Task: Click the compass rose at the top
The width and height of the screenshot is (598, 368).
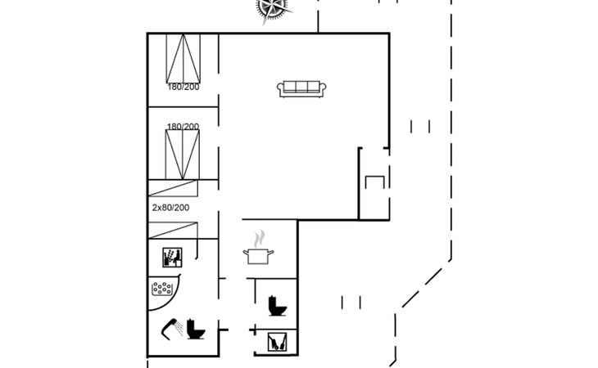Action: (273, 7)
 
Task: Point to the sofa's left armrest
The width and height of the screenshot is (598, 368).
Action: (281, 90)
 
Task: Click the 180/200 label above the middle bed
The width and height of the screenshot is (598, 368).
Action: (183, 127)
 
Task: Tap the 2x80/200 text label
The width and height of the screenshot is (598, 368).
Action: (170, 208)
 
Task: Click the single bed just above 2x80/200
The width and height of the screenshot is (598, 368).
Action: (183, 187)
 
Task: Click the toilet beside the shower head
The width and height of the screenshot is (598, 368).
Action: (195, 329)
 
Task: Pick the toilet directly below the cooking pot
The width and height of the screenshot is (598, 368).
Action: (277, 306)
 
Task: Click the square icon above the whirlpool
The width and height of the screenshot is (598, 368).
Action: (171, 258)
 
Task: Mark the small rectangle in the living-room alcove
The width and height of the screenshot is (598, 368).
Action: (374, 182)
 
